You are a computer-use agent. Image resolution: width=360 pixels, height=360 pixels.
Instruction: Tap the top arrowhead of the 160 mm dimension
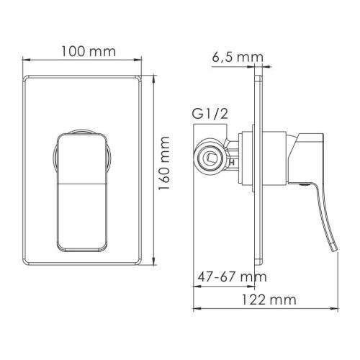pyautogui.click(x=152, y=77)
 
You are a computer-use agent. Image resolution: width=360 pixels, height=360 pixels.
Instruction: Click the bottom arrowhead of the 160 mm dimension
pyautogui.click(x=152, y=258)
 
